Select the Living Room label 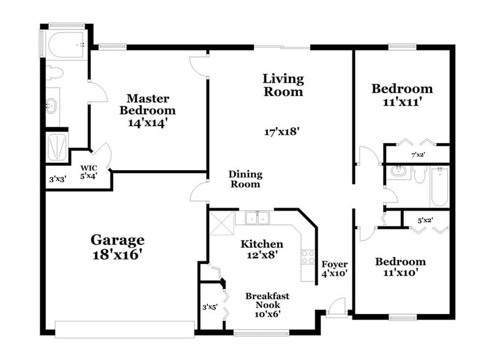pyautogui.click(x=283, y=85)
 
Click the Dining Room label pyautogui.click(x=244, y=179)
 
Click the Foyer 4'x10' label pyautogui.click(x=334, y=269)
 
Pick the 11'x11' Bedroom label pyautogui.click(x=402, y=95)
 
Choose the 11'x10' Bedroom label pyautogui.click(x=400, y=267)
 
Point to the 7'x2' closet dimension pyautogui.click(x=418, y=154)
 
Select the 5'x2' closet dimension pyautogui.click(x=425, y=220)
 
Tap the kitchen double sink pyautogui.click(x=258, y=218)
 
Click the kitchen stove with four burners pyautogui.click(x=308, y=257)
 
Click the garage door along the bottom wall pyautogui.click(x=125, y=329)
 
